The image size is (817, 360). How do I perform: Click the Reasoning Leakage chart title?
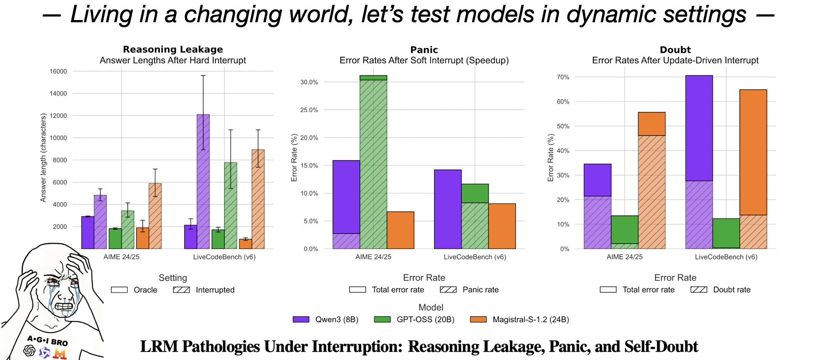point(173,49)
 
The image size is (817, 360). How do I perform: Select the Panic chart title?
point(424,50)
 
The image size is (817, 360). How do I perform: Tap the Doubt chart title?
point(675,50)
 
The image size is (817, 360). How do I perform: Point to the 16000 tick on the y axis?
point(58,71)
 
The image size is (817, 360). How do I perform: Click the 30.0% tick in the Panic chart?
point(309,82)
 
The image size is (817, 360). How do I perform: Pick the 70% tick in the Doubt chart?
point(563,77)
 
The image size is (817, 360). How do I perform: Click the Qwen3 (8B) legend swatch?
point(301,320)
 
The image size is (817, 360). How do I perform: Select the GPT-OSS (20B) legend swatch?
point(382,320)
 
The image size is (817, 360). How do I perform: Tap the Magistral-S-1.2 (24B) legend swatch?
point(478,320)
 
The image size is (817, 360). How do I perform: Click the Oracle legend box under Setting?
point(119,290)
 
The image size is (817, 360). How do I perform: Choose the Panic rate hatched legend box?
point(448,290)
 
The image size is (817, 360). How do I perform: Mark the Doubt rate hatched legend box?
point(699,290)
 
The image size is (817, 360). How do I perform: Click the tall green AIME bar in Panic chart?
point(373,164)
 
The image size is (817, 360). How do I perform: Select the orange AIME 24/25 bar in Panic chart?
point(400,230)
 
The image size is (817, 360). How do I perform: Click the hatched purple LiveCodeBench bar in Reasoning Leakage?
point(203,182)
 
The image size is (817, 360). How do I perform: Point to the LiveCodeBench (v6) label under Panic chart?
point(475,257)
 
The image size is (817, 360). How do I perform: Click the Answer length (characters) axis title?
point(44,158)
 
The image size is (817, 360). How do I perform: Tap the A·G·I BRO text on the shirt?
point(47,340)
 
